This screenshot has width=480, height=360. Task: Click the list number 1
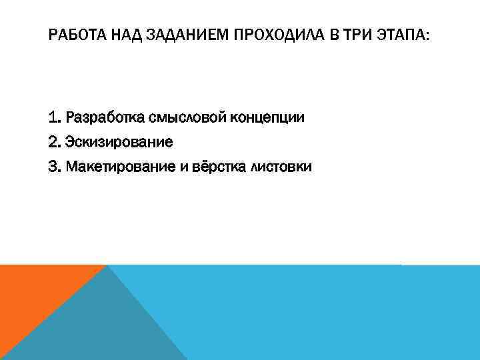(54, 119)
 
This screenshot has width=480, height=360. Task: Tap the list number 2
(55, 143)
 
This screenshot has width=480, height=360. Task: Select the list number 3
(55, 167)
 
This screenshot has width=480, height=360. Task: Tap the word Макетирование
(121, 167)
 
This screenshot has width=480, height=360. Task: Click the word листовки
(279, 167)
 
